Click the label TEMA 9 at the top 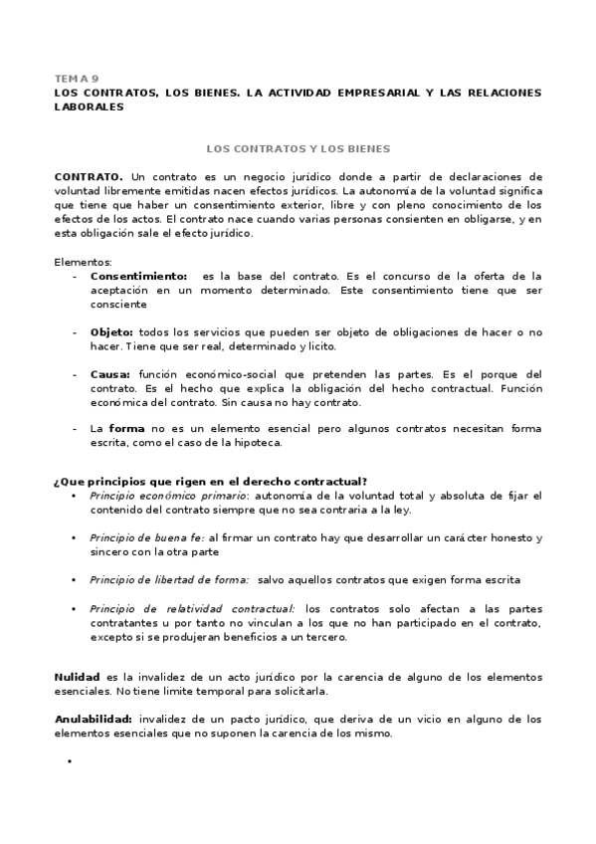click(x=76, y=78)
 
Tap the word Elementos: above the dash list click(x=84, y=262)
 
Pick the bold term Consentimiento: click(x=138, y=276)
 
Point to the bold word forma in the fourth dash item click(x=126, y=428)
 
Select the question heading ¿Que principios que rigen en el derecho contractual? click(x=225, y=482)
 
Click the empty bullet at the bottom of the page click(x=71, y=761)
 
